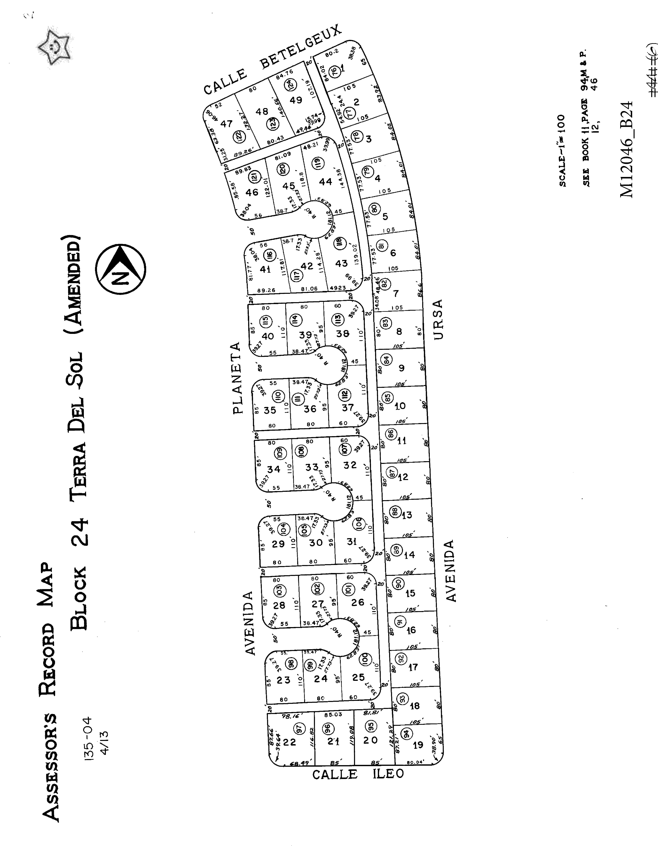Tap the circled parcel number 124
[291, 84]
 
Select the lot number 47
[226, 124]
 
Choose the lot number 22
[289, 742]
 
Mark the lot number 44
[325, 181]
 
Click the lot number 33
[312, 467]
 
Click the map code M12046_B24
[627, 149]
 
